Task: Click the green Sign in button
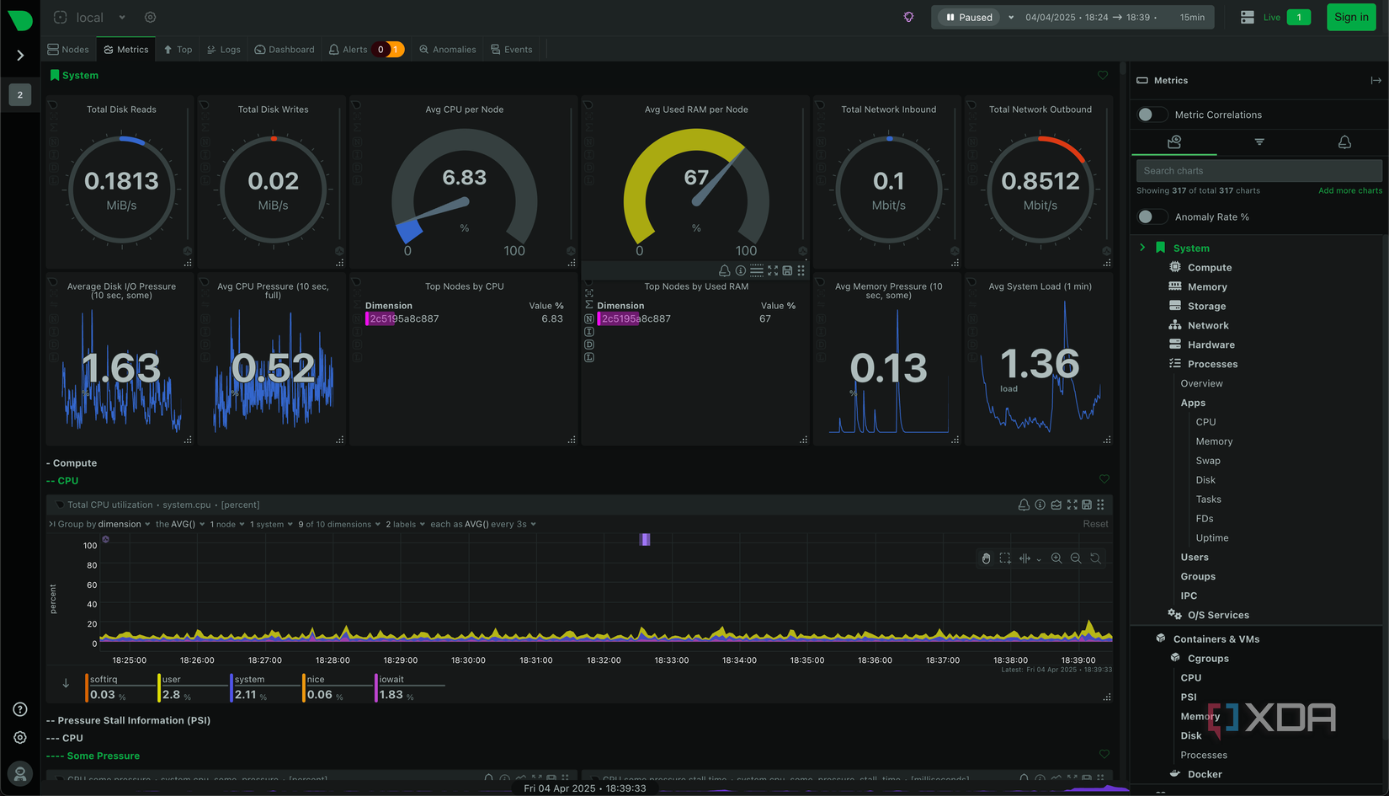[1351, 17]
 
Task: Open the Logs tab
[224, 50]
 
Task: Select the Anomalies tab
[448, 50]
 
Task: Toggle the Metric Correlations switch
[1151, 115]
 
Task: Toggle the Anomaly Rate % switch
[1151, 217]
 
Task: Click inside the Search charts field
[1259, 171]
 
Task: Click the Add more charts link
[1349, 191]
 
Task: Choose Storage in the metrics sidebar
[1206, 307]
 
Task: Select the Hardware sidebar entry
[1211, 345]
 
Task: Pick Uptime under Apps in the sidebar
[1211, 538]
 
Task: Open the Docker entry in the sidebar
[1205, 775]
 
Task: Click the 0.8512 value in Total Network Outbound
[1040, 181]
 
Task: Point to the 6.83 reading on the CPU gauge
[465, 178]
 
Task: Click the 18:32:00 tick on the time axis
[604, 660]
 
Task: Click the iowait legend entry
[391, 680]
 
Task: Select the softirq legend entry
[104, 680]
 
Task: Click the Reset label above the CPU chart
[1095, 524]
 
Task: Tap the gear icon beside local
[150, 17]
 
